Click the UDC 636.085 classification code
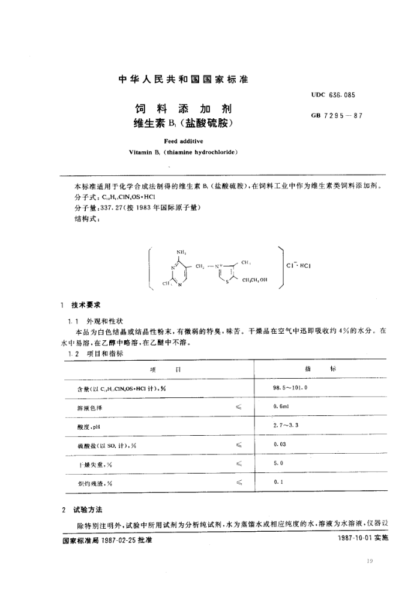point(337,95)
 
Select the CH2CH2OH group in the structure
point(254,279)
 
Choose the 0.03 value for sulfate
point(280,444)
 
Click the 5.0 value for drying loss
point(278,463)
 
